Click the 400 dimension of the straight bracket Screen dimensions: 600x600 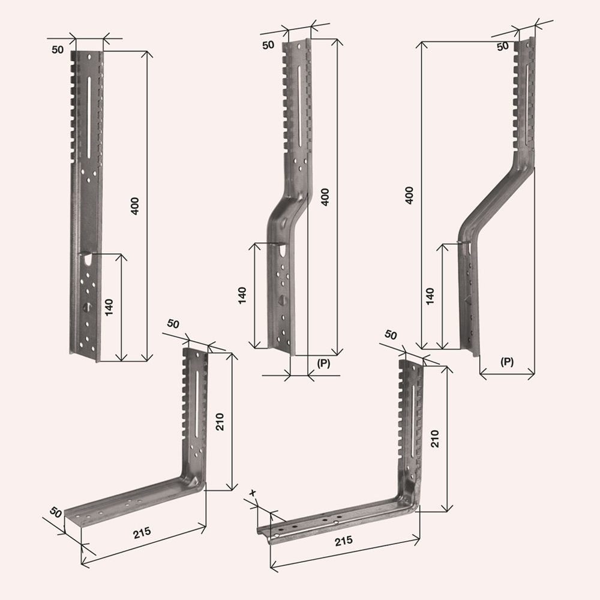point(135,206)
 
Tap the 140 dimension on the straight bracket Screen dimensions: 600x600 point(109,308)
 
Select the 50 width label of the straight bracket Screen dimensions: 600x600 point(58,50)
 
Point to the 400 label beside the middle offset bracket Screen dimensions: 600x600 point(325,197)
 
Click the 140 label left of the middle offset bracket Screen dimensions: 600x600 point(242,295)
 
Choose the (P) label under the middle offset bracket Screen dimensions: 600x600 point(324,363)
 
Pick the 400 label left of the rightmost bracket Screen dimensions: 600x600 point(409,195)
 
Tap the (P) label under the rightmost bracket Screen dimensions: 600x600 point(507,362)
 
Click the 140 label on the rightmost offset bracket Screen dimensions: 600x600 point(430,296)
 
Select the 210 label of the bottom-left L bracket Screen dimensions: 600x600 point(220,422)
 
